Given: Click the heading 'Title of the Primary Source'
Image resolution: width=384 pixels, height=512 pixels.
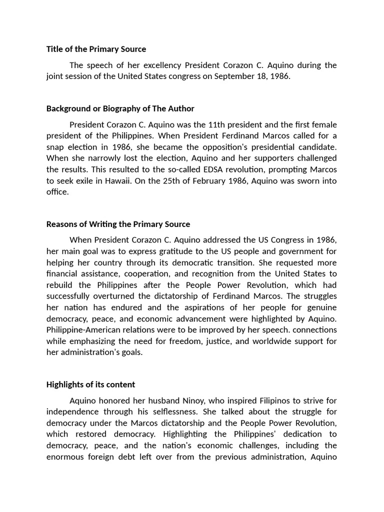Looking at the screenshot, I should click(96, 49).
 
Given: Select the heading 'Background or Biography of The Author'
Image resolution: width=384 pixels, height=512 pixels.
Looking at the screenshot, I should click(120, 108).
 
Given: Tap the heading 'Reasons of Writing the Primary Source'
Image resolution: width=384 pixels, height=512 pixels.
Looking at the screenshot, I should click(118, 224).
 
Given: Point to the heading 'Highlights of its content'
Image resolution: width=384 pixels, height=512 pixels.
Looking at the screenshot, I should click(90, 384).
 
